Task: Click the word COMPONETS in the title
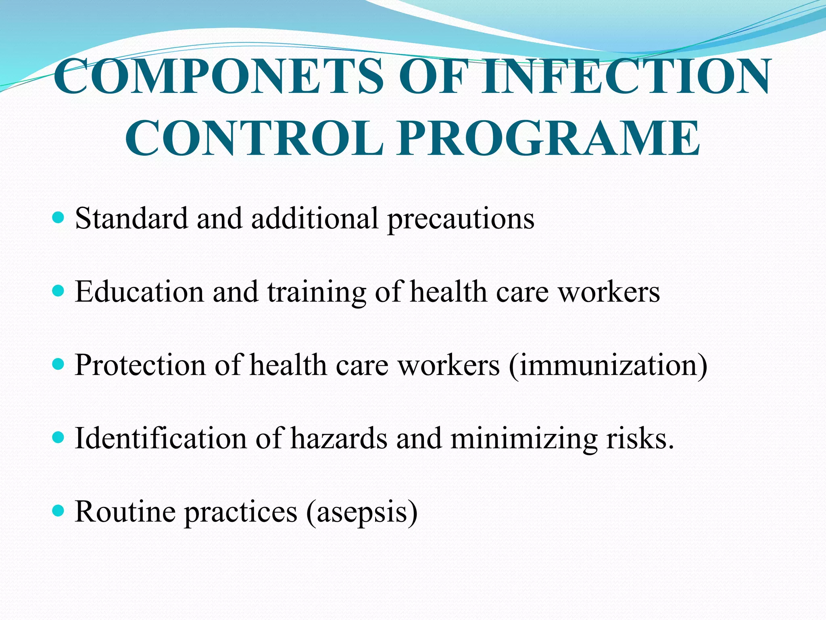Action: [x=218, y=77]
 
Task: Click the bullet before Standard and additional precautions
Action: [x=58, y=218]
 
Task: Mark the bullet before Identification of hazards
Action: [x=58, y=438]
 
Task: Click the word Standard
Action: [x=131, y=218]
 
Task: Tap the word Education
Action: [x=139, y=291]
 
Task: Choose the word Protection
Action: [x=140, y=365]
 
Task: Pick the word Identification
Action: [x=161, y=438]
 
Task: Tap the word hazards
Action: [x=339, y=438]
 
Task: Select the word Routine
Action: [x=125, y=511]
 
